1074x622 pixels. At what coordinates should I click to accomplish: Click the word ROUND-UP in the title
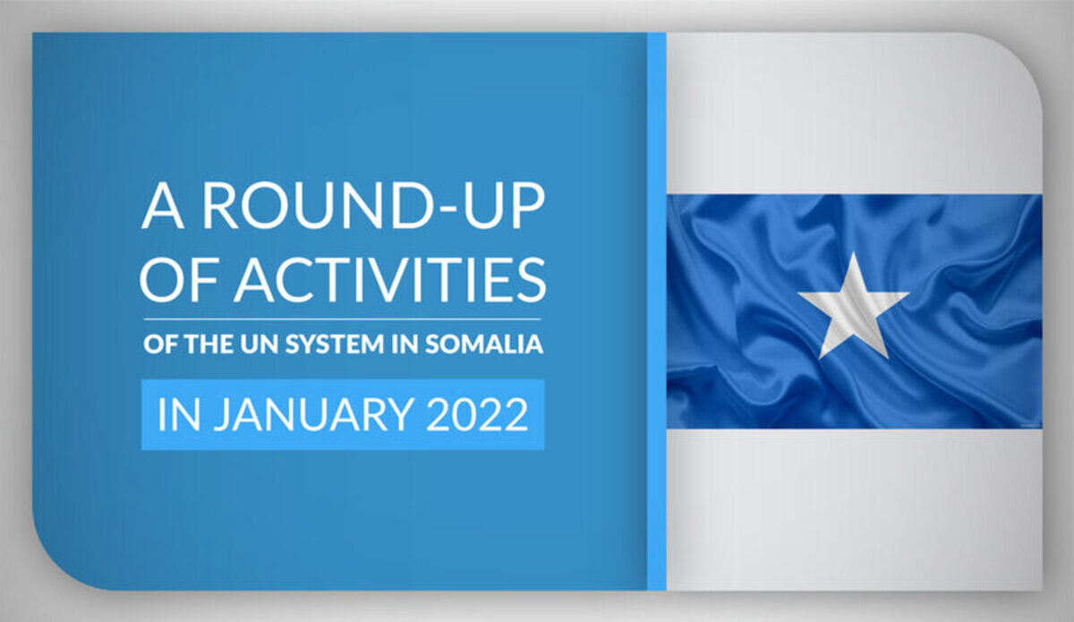click(x=374, y=205)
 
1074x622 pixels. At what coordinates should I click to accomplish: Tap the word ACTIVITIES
click(x=390, y=280)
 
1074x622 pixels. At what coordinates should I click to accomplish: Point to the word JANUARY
click(x=313, y=415)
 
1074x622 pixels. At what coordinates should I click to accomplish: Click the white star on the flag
click(x=854, y=305)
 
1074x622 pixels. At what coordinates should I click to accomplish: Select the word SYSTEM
click(x=335, y=344)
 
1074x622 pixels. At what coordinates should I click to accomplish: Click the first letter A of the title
click(x=163, y=206)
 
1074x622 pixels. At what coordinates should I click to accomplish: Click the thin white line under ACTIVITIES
click(x=342, y=319)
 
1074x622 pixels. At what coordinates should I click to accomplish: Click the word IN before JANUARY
click(x=179, y=415)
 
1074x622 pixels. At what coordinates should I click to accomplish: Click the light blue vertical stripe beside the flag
click(x=656, y=311)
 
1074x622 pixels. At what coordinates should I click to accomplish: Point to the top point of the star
click(x=854, y=252)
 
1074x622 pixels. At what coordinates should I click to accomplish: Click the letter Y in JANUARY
click(x=400, y=415)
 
